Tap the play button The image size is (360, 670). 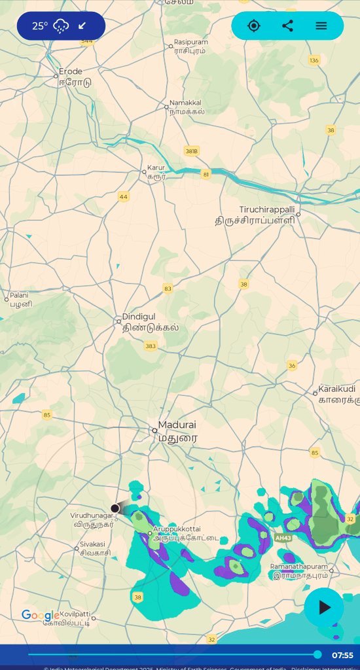tap(324, 607)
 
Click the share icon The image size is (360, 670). tap(287, 26)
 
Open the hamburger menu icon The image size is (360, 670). tap(321, 26)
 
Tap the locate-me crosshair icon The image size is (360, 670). tap(254, 26)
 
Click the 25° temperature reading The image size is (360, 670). tap(40, 26)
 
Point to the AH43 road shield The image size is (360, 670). tap(283, 538)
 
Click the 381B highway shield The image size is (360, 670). tap(191, 151)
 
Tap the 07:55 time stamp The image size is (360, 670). tap(342, 655)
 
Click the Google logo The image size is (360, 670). tap(40, 615)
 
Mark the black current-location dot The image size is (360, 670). tap(115, 508)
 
